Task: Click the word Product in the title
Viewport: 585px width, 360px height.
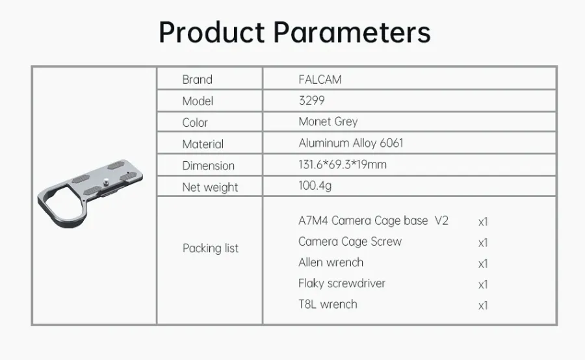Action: coord(211,32)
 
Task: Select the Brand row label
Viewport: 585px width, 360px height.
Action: coord(197,79)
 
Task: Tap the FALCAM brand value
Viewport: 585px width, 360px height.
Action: coord(320,79)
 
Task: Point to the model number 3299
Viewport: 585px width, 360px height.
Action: coord(311,101)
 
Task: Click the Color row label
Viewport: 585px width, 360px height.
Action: coord(195,122)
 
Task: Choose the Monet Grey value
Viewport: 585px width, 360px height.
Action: coord(328,122)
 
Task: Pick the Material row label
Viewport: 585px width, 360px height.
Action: coord(203,144)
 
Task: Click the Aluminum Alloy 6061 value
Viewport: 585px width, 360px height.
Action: coord(351,143)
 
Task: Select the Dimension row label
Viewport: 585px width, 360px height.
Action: coord(208,166)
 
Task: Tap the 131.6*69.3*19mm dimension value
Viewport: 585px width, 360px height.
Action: coord(343,164)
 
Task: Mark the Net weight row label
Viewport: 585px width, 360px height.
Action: coord(210,187)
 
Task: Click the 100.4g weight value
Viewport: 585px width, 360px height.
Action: coord(315,186)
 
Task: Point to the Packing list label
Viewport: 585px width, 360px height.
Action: coord(211,248)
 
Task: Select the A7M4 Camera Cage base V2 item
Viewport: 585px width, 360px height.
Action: coord(373,220)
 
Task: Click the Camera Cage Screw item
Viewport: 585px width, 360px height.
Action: coord(350,241)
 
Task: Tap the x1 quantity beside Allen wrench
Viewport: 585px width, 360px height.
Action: coord(483,264)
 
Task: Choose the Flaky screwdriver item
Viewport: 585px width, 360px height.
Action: coord(341,283)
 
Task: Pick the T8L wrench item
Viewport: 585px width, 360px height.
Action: coord(328,304)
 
